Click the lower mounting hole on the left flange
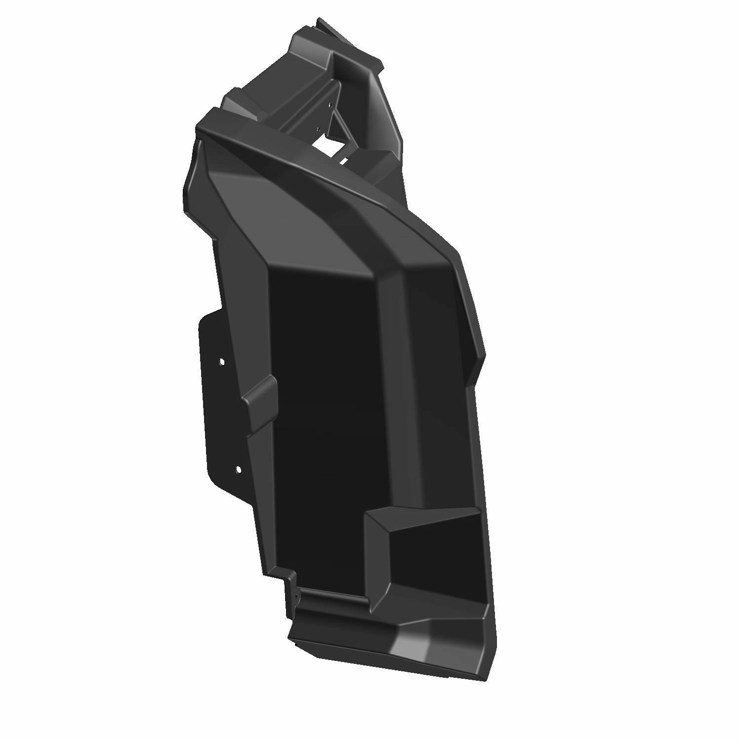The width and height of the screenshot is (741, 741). pyautogui.click(x=238, y=469)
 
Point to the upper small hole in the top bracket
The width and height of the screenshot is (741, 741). pyautogui.click(x=327, y=105)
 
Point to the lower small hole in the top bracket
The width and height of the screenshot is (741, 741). pyautogui.click(x=318, y=129)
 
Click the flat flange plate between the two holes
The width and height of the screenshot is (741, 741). pyautogui.click(x=222, y=415)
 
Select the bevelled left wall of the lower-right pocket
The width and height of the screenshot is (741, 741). pyautogui.click(x=377, y=553)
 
